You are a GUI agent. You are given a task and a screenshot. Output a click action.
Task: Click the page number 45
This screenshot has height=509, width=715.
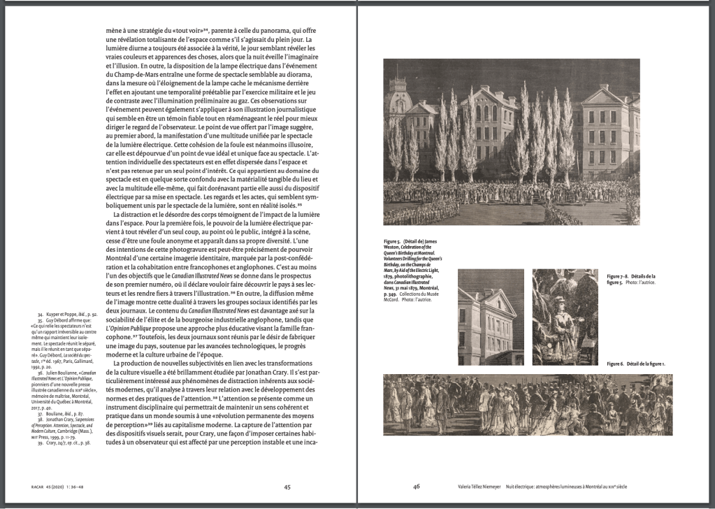click(x=287, y=487)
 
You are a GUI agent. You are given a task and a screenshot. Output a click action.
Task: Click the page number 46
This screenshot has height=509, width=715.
click(x=416, y=487)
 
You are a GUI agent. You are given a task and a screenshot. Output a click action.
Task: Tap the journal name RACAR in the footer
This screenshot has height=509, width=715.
click(x=23, y=487)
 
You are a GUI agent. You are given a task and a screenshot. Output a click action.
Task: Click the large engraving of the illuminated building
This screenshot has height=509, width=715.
click(x=511, y=142)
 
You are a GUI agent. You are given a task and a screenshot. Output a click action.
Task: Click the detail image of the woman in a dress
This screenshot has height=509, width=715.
click(x=565, y=317)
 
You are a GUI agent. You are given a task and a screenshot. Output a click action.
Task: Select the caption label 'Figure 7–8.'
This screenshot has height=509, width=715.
click(x=621, y=277)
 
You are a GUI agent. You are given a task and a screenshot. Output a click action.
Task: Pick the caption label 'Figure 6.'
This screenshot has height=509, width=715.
click(x=619, y=364)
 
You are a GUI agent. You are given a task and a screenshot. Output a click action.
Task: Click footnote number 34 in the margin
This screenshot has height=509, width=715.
click(x=41, y=315)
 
